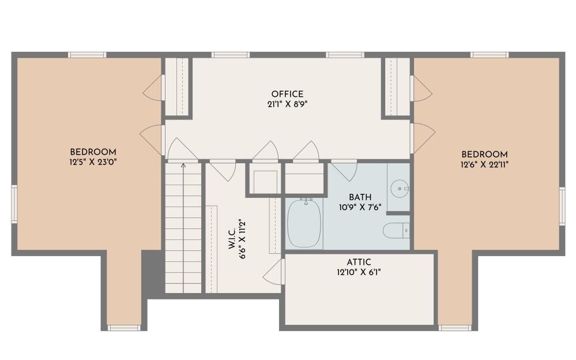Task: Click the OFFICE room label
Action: [287, 94]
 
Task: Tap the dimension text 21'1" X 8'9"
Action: [287, 104]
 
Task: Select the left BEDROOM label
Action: [93, 152]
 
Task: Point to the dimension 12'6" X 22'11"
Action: [484, 164]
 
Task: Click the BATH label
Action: [360, 197]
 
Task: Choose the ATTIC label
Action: [359, 262]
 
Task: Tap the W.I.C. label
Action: [232, 241]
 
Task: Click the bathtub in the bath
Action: [304, 223]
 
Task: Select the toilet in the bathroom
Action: [396, 230]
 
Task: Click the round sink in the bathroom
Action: [399, 188]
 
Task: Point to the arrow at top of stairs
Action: [183, 167]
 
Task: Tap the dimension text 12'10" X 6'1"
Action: [359, 272]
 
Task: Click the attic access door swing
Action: [274, 272]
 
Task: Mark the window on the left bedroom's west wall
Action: [14, 204]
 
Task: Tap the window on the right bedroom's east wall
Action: [562, 205]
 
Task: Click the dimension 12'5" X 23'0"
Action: [93, 163]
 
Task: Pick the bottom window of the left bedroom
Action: [123, 328]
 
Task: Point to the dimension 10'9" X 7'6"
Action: [360, 207]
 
